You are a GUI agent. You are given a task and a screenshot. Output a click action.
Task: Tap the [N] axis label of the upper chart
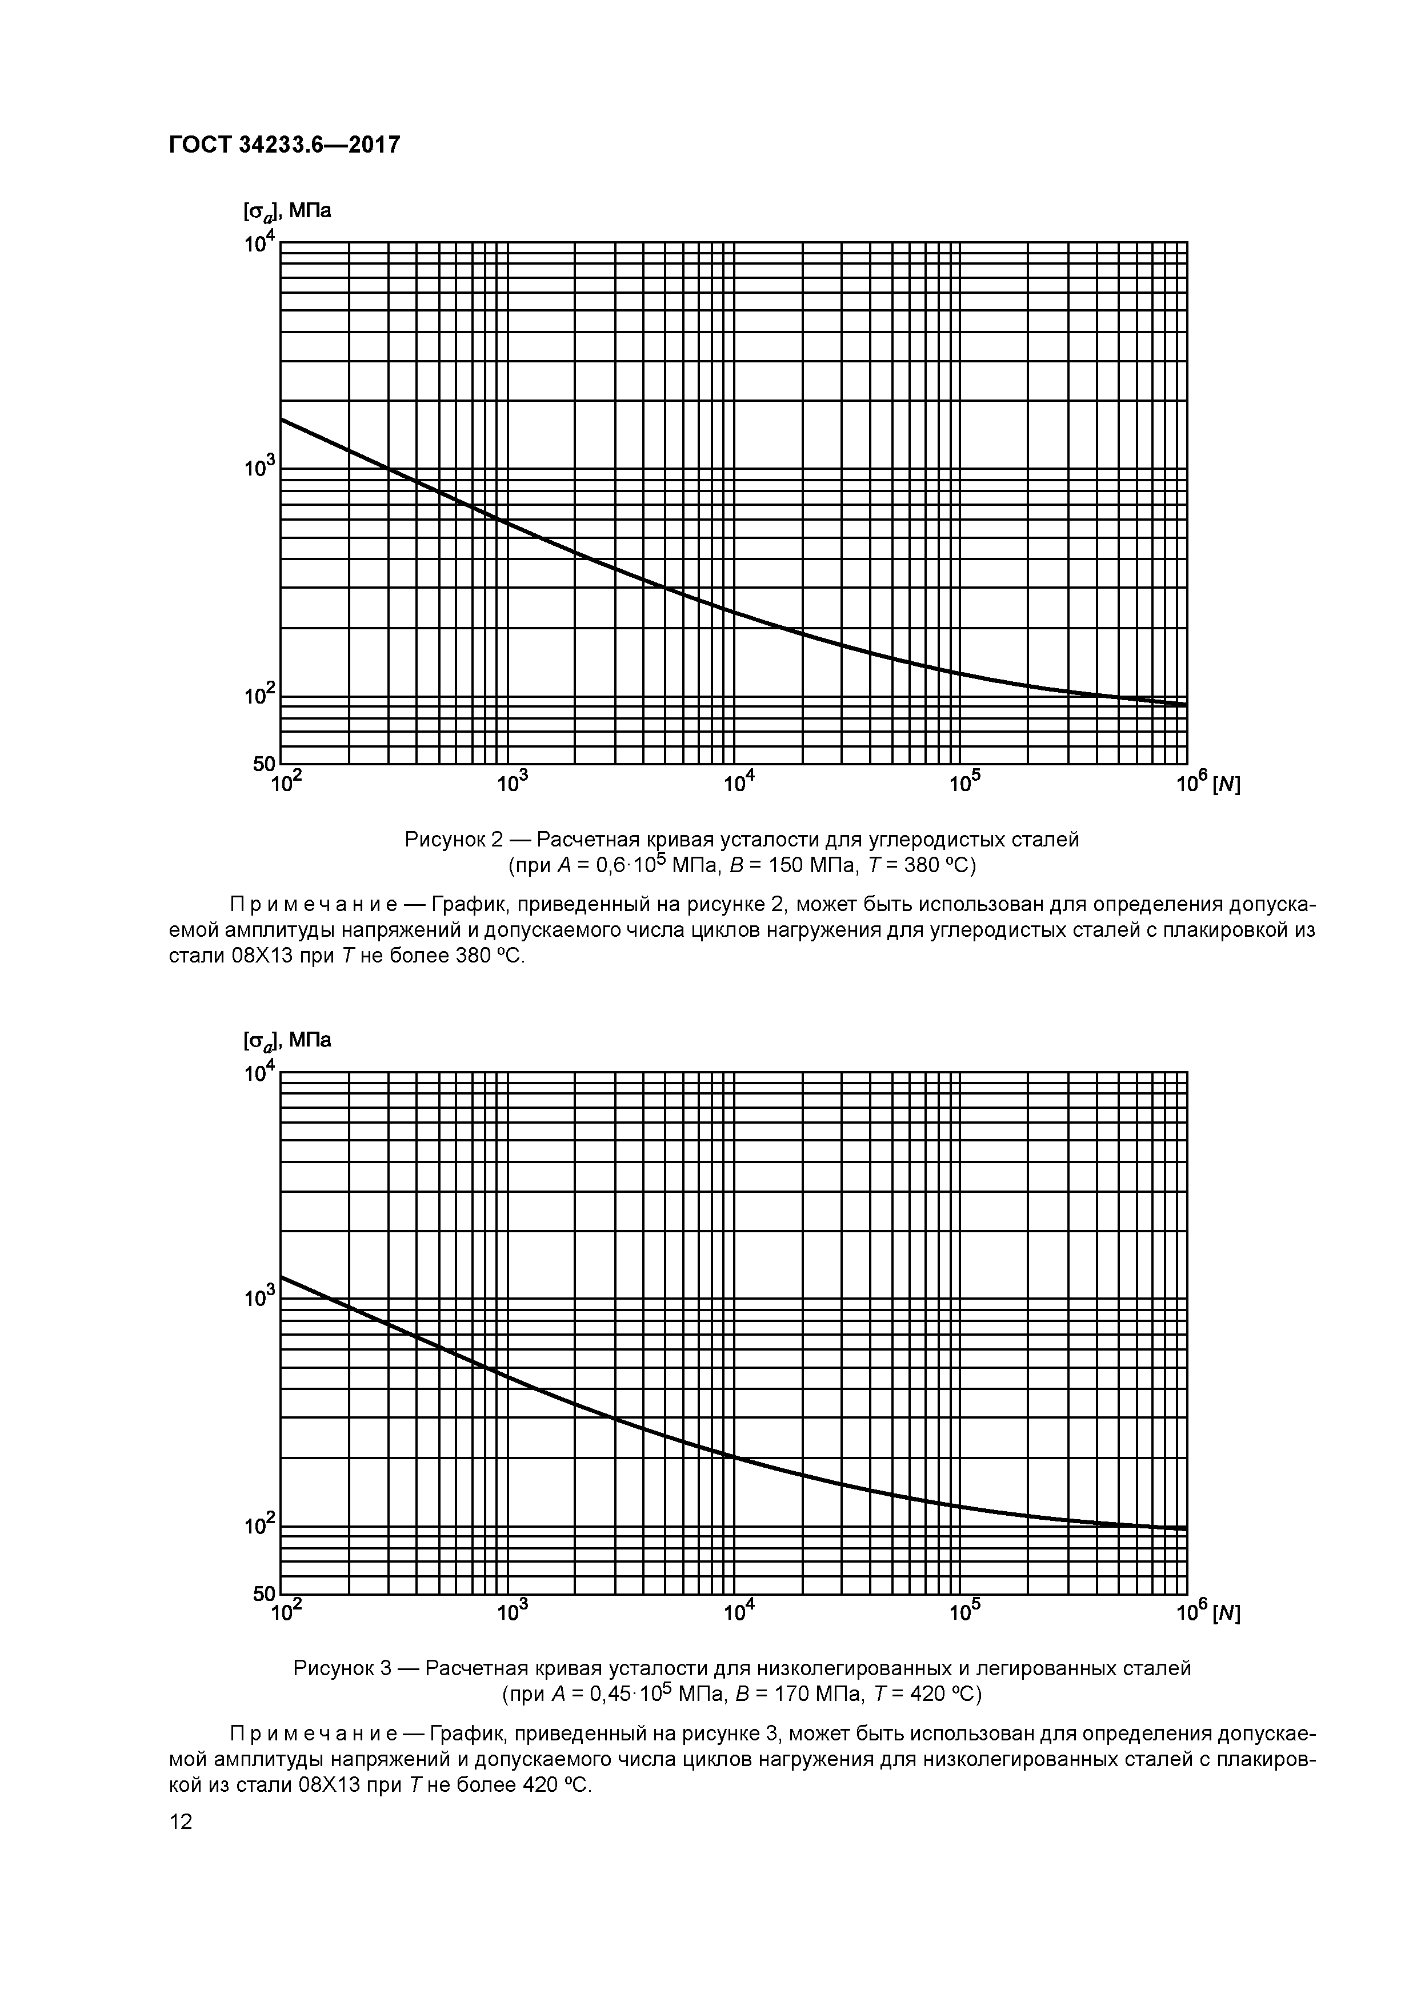[1226, 785]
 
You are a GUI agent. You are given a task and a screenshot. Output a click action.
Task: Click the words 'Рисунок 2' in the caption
[453, 840]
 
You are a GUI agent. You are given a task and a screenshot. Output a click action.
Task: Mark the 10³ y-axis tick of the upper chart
[260, 469]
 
